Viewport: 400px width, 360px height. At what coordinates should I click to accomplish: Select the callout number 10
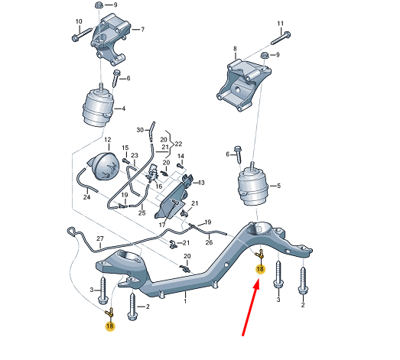tap(79, 21)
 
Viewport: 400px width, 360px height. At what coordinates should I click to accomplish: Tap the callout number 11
tap(280, 23)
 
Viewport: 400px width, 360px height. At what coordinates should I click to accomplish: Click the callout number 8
tap(236, 50)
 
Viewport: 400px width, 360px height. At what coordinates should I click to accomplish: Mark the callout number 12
tap(108, 141)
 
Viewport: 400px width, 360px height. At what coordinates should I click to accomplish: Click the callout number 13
tap(202, 183)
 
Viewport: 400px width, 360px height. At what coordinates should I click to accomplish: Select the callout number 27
tap(99, 240)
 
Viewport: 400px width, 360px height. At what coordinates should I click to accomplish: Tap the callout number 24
tap(86, 198)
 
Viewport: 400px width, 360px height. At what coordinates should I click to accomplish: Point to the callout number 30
tap(140, 131)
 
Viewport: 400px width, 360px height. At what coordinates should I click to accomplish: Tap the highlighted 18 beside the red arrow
tap(260, 269)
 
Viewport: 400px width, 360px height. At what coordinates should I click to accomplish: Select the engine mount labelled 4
tap(101, 106)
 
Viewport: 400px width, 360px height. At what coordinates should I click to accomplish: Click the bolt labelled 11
tap(281, 35)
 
